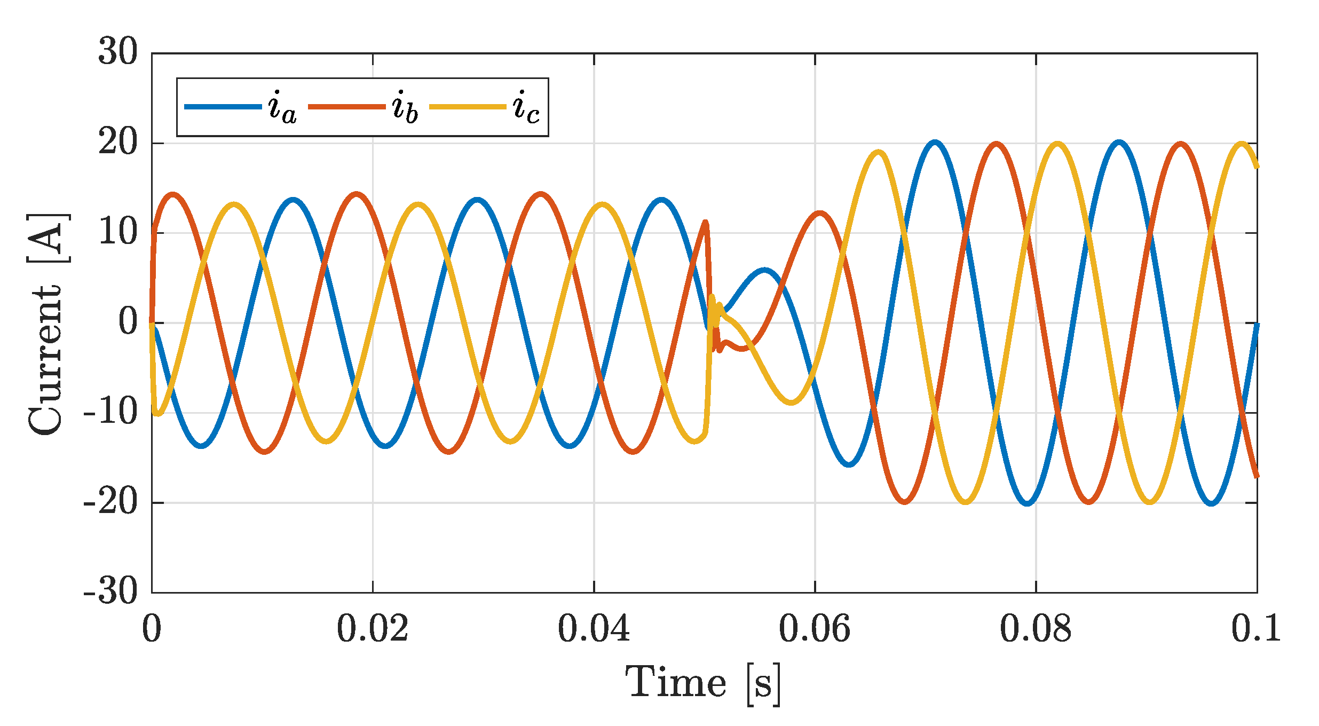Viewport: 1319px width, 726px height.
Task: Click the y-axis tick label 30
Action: (117, 52)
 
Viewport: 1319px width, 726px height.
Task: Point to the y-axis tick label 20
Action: (117, 143)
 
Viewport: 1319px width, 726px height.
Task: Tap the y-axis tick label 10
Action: (117, 232)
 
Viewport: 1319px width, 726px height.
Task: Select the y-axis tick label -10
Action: (110, 412)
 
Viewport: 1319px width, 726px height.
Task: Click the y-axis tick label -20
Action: (110, 502)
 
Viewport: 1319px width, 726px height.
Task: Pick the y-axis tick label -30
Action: (110, 591)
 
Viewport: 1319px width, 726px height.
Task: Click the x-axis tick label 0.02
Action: (373, 629)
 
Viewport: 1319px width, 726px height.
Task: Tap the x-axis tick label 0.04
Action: (594, 629)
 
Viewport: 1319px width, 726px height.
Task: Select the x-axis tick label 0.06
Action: (815, 629)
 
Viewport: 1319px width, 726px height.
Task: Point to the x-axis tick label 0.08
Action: (1036, 629)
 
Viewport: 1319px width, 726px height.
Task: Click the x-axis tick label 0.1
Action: (1256, 629)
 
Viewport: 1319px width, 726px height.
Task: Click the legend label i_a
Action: (282, 107)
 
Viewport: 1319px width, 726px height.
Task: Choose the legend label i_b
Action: (405, 107)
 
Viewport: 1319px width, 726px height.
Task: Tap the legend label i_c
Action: (526, 107)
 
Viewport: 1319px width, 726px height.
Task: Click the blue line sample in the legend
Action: (223, 107)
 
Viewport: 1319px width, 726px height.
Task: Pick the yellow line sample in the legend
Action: (468, 107)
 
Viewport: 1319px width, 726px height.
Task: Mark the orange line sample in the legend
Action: (347, 107)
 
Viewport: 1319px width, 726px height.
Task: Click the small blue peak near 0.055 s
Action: (764, 271)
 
